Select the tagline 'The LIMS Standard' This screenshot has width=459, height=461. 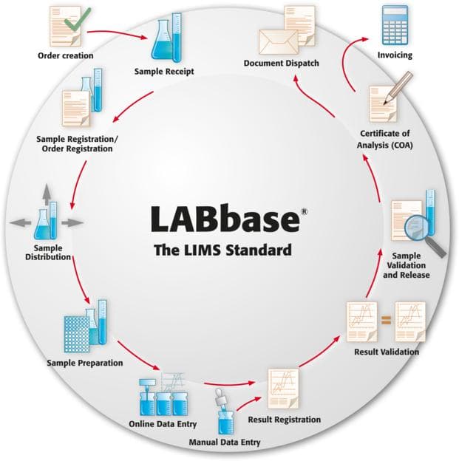click(x=222, y=250)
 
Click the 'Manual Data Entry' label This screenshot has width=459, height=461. click(x=228, y=443)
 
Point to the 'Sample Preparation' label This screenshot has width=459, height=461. click(x=84, y=363)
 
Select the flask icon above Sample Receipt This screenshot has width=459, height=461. click(x=166, y=40)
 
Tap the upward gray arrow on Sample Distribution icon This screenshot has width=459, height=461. click(x=45, y=194)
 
